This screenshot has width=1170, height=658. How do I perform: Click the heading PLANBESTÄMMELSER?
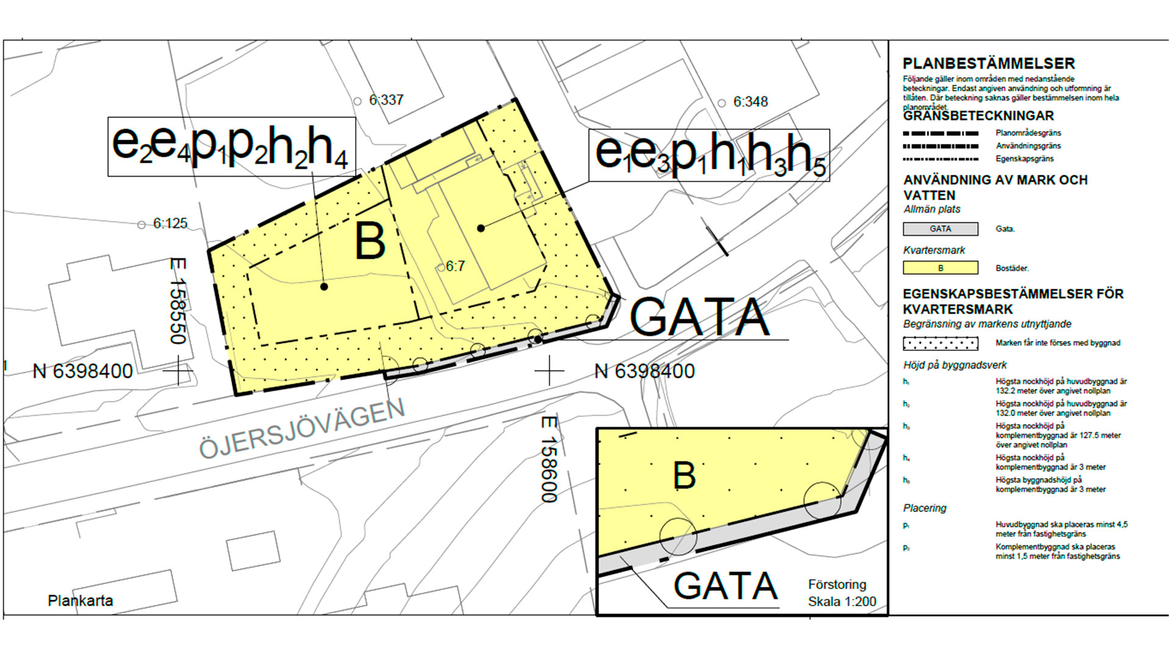pos(988,63)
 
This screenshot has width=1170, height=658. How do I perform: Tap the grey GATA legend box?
pos(940,229)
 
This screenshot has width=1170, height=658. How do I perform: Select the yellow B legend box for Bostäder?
pos(940,268)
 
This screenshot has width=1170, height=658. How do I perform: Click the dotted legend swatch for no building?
pos(940,343)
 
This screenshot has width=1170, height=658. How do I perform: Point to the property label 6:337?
pos(386,100)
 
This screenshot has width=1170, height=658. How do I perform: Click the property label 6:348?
pos(750,102)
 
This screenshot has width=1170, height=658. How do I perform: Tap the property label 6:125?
pos(169,224)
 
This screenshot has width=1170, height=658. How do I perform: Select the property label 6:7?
pos(455,266)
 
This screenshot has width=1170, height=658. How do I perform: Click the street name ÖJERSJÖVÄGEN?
pos(302,430)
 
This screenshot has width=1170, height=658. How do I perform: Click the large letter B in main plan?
pos(370,241)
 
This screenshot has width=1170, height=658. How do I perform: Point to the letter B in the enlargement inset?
pos(684,475)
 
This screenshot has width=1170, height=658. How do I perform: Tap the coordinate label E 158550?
pos(178,302)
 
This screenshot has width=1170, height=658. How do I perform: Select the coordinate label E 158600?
pos(549,459)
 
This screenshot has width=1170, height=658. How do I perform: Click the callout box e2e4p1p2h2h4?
pos(231,147)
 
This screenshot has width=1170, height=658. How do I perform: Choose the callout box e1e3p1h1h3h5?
pos(709,155)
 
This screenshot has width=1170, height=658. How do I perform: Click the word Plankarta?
pos(80,601)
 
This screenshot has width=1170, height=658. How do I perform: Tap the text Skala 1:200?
pos(842,602)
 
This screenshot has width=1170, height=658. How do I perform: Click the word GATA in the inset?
pos(725,586)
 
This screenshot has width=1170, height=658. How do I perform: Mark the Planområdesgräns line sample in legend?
pos(940,133)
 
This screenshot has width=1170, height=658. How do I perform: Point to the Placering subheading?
pos(924,508)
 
